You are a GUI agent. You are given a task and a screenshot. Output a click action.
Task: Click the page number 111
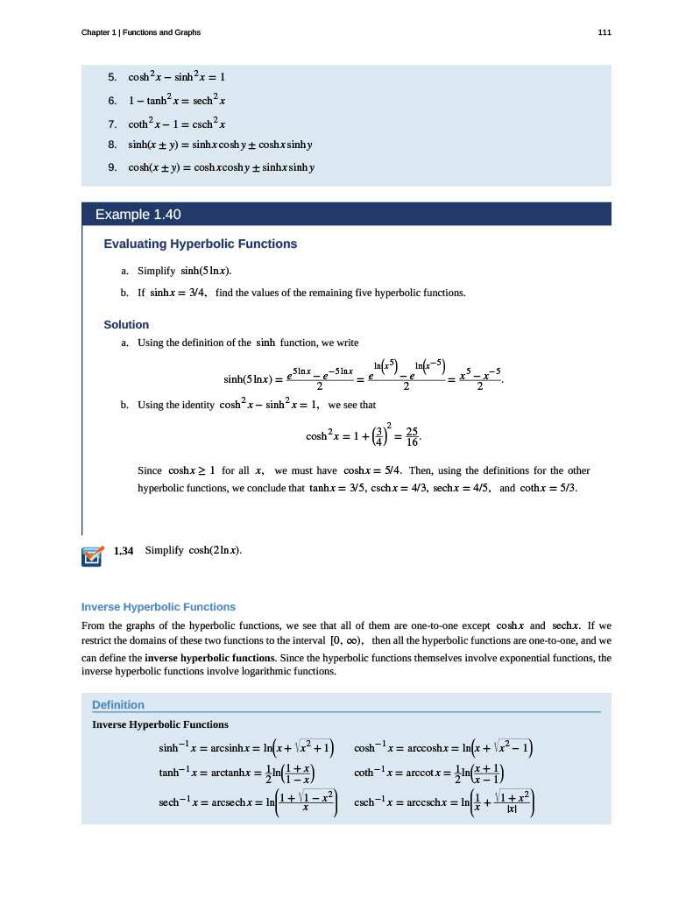coord(605,32)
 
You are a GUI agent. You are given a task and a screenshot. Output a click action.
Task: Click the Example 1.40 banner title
coord(138,214)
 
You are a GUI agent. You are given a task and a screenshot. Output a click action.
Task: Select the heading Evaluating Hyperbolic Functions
coord(200,244)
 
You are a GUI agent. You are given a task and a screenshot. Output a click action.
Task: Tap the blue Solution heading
coord(126,325)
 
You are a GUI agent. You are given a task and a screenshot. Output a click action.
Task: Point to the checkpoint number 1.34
coord(124,550)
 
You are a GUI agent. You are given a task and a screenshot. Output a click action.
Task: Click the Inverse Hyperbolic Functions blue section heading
coord(158,606)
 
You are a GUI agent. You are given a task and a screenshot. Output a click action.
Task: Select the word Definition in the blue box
coord(118,704)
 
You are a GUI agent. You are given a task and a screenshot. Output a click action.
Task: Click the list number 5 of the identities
coord(112,76)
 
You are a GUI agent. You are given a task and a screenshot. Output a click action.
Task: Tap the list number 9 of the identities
coord(112,167)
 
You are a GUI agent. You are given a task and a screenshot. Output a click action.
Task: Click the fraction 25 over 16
coord(411,435)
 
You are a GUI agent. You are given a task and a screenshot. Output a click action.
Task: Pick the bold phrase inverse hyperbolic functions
coord(209,657)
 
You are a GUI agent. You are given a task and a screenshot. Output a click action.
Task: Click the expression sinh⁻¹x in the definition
coord(168,748)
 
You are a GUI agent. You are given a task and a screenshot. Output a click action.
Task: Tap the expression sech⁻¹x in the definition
coord(169,801)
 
